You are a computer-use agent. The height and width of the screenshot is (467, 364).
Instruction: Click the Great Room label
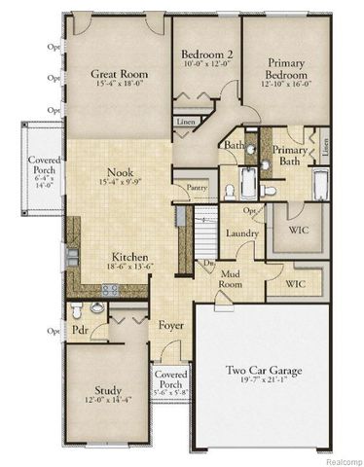pyautogui.click(x=119, y=73)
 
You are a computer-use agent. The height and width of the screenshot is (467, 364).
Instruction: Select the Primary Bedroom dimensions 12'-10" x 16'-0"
pyautogui.click(x=281, y=84)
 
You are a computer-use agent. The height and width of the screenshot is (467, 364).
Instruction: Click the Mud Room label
pyautogui.click(x=230, y=280)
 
